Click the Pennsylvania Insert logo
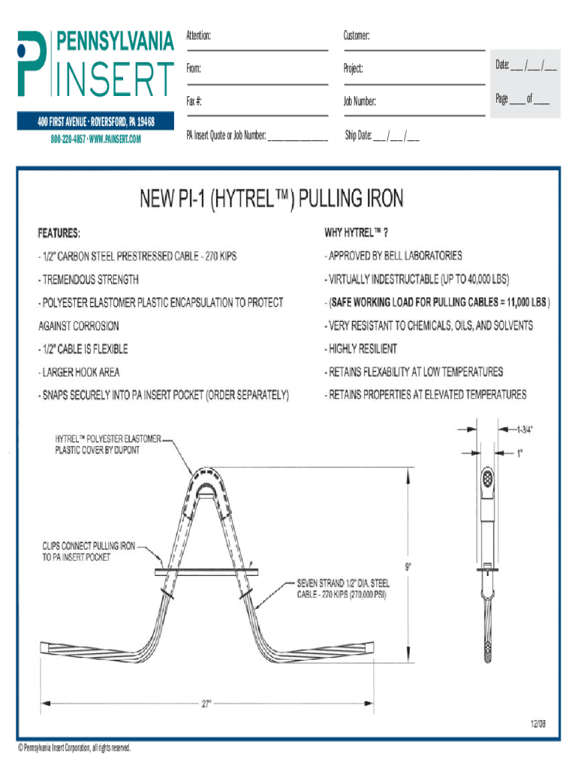pos(96,63)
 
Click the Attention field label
pos(198,36)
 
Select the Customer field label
pos(357,36)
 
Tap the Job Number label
pos(360,100)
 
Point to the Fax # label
pos(194,100)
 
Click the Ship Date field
pos(382,136)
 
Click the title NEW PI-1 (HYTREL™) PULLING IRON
pos(271,199)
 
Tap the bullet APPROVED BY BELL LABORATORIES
pos(394,256)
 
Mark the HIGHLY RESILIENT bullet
pos(362,349)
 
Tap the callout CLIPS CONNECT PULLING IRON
pos(88,551)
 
